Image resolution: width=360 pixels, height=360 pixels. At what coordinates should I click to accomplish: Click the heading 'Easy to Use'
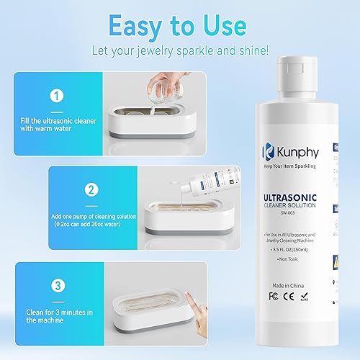pyautogui.click(x=179, y=26)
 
